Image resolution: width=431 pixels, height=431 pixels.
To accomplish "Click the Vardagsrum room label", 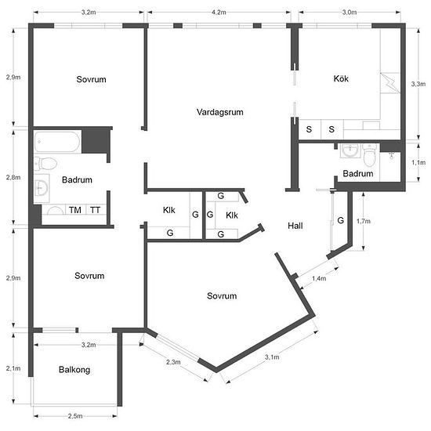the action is pos(220,112).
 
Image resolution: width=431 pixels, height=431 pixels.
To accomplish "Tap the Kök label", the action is pos(341,78).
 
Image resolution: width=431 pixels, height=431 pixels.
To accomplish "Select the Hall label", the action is pos(295,226).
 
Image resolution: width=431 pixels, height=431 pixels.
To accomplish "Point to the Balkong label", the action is pos(74,370).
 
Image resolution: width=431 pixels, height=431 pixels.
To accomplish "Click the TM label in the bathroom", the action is pos(75,210).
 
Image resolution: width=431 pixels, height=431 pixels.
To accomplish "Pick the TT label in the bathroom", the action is pos(95,210).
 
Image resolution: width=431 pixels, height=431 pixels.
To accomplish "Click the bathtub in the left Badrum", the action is pos(57,142).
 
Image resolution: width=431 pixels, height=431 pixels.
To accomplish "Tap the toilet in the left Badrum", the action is pos(45,163).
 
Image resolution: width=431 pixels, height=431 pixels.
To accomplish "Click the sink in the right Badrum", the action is pos(350,150).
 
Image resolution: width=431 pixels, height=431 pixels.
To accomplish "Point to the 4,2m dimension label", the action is pos(219,12).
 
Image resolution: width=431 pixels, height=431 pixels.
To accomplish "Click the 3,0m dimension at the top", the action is pos(350,12).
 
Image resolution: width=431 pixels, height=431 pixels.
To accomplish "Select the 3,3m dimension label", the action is pos(418,84).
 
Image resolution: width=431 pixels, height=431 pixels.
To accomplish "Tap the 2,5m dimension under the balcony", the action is pos(75,416).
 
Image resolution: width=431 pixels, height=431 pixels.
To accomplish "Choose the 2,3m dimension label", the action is pos(173,362).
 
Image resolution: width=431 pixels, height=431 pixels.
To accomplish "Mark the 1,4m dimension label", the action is pos(319,278).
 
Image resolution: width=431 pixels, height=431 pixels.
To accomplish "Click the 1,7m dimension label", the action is pos(364,221).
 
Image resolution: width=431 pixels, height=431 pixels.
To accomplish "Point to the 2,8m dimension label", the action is pos(13,177).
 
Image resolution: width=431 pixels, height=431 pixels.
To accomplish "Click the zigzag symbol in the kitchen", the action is pos(389,82).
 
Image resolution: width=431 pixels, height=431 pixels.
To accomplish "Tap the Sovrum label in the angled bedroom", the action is pos(222,296).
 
